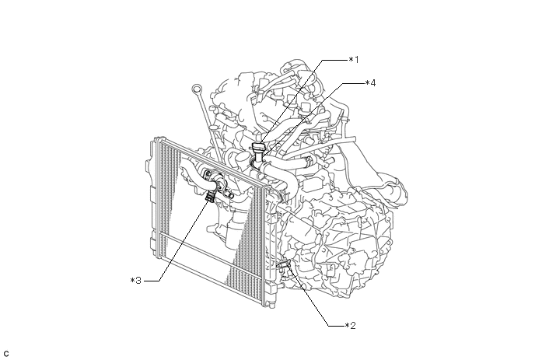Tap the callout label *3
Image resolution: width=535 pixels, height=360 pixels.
tap(136, 279)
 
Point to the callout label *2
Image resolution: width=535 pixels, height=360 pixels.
tap(351, 325)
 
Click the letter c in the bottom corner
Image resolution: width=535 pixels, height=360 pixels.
tap(6, 354)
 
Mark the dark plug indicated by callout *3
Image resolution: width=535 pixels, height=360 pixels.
tap(209, 197)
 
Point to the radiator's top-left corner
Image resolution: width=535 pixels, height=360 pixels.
tap(158, 140)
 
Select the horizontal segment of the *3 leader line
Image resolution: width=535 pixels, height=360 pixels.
tap(152, 279)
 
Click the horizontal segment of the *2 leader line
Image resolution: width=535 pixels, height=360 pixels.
tap(334, 325)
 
